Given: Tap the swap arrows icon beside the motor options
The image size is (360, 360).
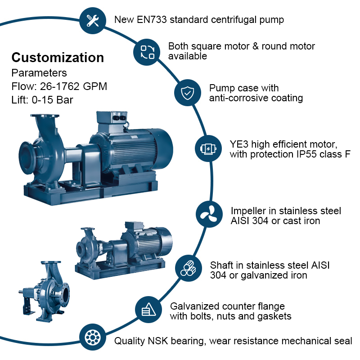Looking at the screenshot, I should tap(147, 52).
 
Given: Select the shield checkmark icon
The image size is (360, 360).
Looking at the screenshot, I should tap(187, 93).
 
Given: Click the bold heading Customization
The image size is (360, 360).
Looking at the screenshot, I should tap(58, 58).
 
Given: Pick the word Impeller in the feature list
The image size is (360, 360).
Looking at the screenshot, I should tap(252, 211).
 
